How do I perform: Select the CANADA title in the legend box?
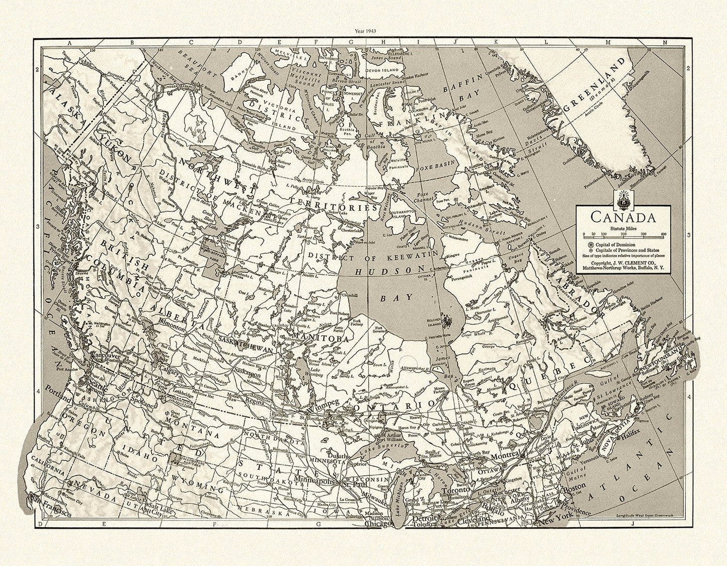[622, 218]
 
